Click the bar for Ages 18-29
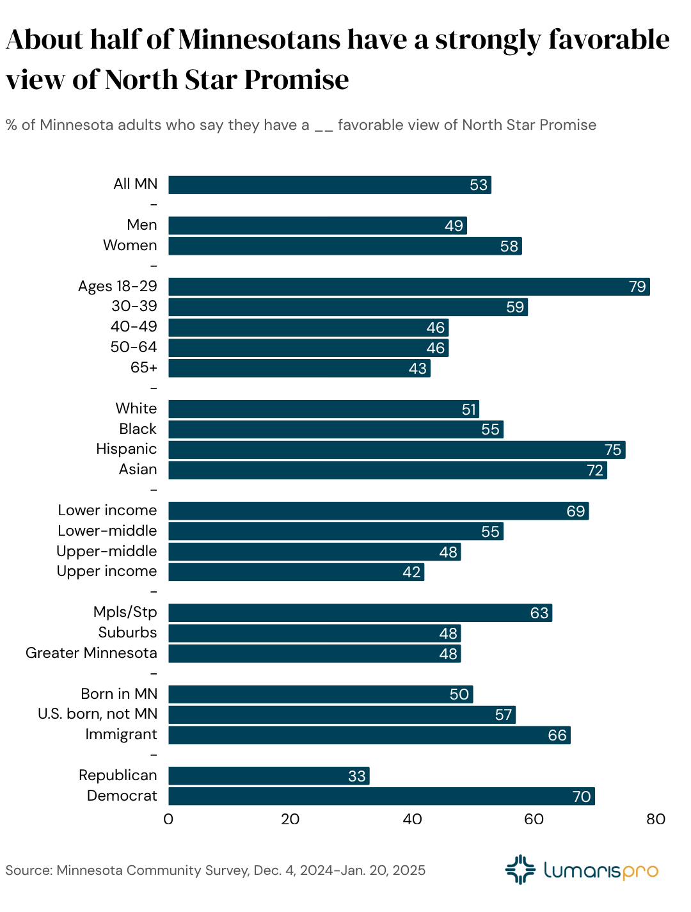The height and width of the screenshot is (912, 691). pos(409,287)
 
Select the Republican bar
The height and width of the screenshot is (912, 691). pos(269,776)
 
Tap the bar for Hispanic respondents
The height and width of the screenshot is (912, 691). pos(397,450)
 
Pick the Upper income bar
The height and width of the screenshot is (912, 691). pos(296,572)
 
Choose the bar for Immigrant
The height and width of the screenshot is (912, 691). pos(369,735)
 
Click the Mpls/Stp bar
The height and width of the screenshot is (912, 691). pos(360,613)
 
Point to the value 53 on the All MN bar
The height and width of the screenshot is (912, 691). pos(479,185)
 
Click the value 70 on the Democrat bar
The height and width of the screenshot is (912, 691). pos(581,797)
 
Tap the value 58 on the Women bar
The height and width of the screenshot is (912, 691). pos(509,246)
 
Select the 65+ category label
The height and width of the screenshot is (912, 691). pos(143,367)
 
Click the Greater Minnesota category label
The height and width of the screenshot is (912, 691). pos(91,653)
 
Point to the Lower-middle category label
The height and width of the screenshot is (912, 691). pos(107,531)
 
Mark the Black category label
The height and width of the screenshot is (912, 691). pos(138,429)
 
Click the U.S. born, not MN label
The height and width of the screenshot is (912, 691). pos(97,714)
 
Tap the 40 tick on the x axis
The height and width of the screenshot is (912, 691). pos(412,819)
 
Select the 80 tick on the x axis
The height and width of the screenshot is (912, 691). pos(656,819)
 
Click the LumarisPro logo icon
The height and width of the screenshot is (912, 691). pos(520,870)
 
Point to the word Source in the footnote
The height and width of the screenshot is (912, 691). pos(28,870)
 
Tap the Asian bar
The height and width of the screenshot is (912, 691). pos(387,470)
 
